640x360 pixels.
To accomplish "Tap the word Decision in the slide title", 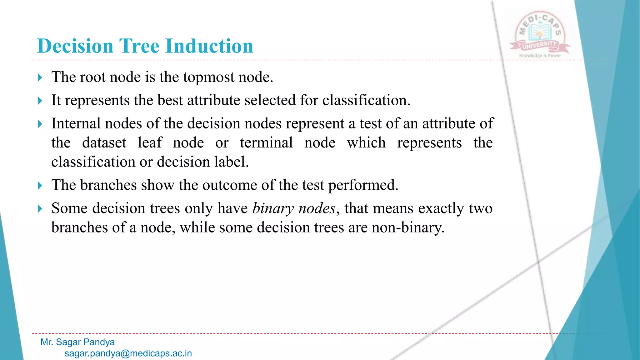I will tap(75, 46).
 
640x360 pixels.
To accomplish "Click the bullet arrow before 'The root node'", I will tap(40, 77).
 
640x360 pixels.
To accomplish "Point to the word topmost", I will tap(208, 77).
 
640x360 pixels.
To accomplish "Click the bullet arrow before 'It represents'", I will tap(40, 101).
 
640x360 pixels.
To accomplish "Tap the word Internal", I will tap(76, 123).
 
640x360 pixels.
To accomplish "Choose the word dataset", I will tap(104, 143).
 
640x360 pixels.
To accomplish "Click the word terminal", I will tap(266, 143).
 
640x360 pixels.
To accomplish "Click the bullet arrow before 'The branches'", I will tap(40, 186).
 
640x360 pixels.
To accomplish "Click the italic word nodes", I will tap(317, 208).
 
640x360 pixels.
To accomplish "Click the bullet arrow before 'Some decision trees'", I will tap(40, 209).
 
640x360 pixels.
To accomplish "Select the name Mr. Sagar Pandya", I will tap(77, 342).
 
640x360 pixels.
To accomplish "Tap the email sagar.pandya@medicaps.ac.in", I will tap(128, 353).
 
